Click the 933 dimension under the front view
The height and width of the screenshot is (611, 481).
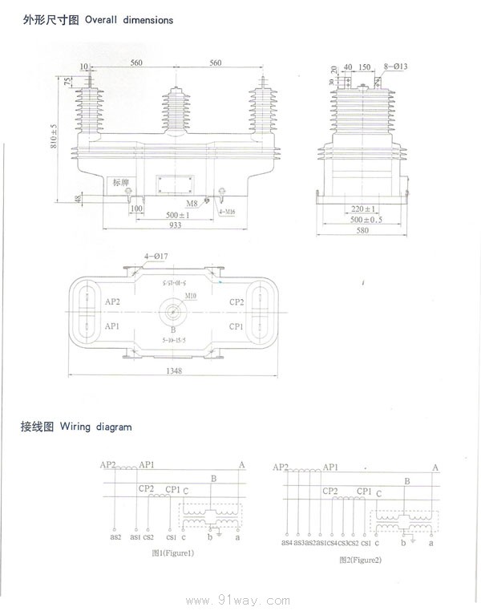click(x=176, y=226)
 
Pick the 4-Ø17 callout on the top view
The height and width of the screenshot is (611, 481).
click(x=156, y=257)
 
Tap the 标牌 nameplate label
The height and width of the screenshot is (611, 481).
click(x=121, y=182)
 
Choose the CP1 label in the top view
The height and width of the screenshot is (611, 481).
click(x=236, y=326)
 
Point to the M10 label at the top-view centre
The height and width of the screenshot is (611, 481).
click(x=191, y=296)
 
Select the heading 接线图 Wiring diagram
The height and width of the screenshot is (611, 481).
click(x=75, y=427)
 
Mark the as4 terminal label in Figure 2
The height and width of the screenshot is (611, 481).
click(x=287, y=543)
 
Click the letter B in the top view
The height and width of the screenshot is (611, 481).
click(x=172, y=330)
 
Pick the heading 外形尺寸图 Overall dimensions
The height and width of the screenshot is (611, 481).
click(x=97, y=19)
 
